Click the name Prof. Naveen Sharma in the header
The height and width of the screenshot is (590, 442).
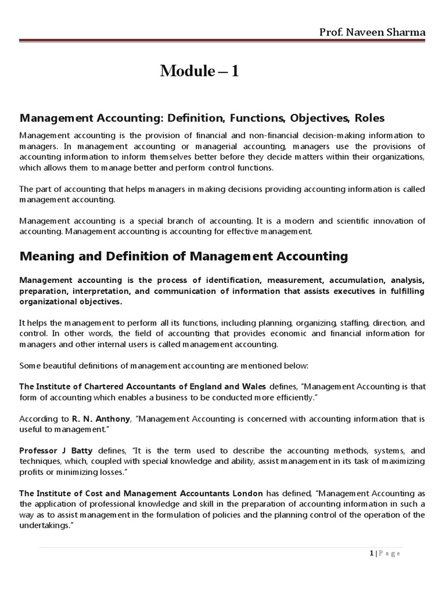pyautogui.click(x=372, y=32)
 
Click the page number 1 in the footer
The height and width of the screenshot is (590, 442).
pyautogui.click(x=371, y=554)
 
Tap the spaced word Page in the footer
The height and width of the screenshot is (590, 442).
pyautogui.click(x=390, y=554)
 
